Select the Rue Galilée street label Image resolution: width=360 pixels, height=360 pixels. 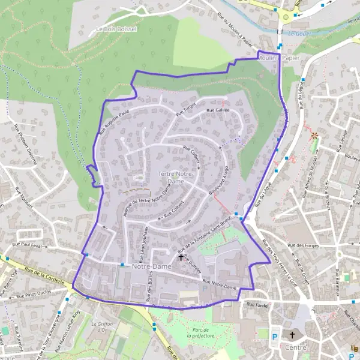(218, 110)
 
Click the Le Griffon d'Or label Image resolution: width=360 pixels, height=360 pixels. (101, 326)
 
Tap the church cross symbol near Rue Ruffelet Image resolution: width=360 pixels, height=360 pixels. (181, 257)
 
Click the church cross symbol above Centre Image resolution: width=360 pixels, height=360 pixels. (293, 335)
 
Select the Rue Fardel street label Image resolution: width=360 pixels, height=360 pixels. (256, 304)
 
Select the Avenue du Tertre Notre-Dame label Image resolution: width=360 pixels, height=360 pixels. (143, 199)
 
